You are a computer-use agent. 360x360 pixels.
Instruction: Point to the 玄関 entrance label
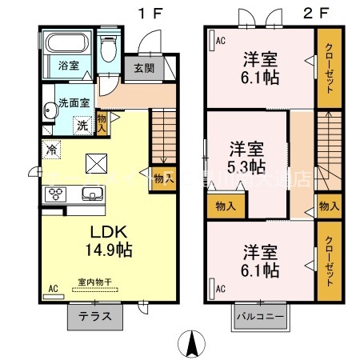coord(145,69)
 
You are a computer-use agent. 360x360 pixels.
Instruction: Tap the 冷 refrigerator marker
coord(51,148)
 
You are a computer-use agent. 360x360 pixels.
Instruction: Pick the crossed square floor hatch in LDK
coord(95,162)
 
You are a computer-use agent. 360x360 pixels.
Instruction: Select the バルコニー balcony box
coord(259,317)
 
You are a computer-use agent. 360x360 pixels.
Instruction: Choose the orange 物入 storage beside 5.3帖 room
coord(225,206)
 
